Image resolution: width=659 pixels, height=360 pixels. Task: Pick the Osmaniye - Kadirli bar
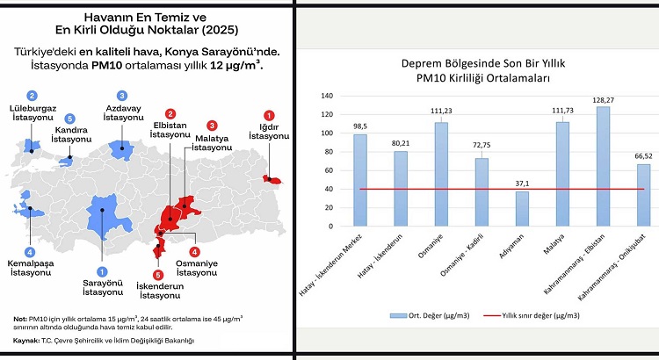coord(482,191)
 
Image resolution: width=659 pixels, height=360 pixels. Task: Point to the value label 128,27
coord(604,100)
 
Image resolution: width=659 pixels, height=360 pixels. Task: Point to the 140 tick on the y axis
coord(329,97)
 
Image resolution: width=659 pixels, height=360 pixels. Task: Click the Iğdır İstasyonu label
coord(269,131)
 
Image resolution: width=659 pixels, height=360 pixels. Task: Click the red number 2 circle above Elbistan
coord(170,113)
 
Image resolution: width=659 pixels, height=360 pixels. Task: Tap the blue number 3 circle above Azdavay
coord(121,95)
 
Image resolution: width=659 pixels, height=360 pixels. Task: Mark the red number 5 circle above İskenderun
coord(158,275)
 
